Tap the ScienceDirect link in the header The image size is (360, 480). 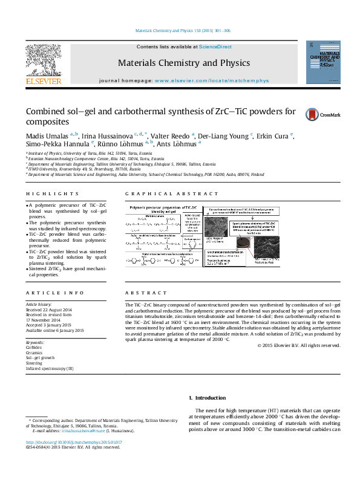(x=216, y=47)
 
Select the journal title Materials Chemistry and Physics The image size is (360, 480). (x=183, y=63)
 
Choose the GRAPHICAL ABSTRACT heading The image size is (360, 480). (x=171, y=193)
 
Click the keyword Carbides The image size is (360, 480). (x=34, y=348)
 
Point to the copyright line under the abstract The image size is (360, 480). (x=298, y=345)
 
